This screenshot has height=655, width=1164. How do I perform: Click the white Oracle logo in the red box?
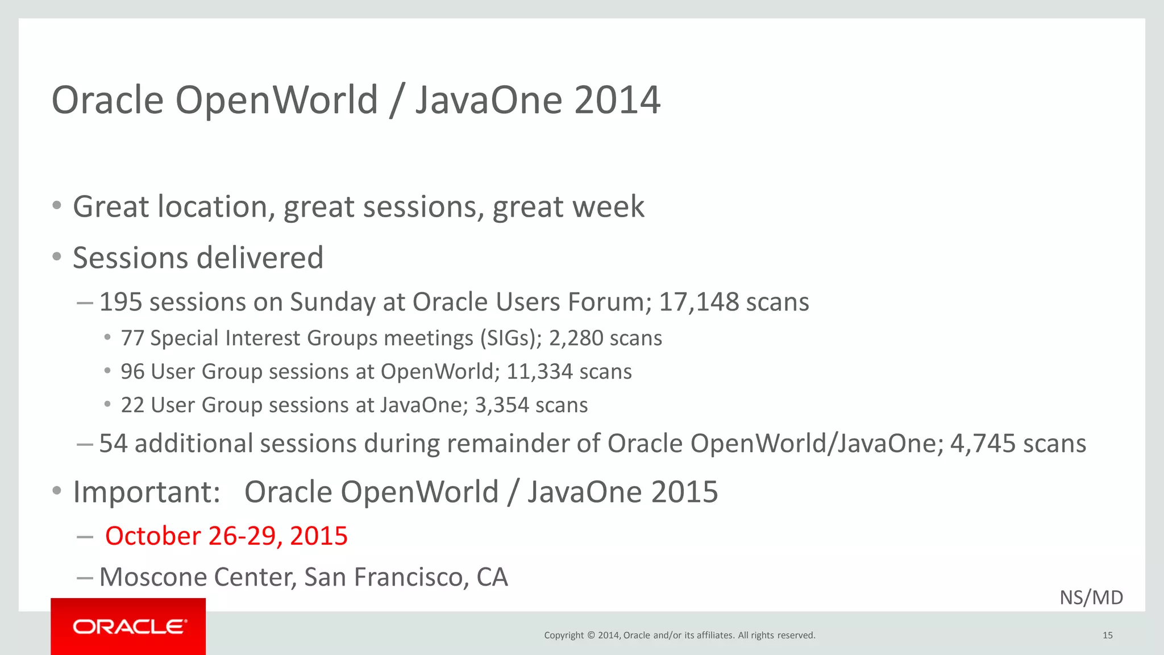tap(129, 627)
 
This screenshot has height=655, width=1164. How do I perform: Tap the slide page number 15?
tap(1107, 635)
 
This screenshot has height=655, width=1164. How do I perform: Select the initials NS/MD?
tap(1091, 598)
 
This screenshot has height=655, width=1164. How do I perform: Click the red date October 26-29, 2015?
tap(226, 536)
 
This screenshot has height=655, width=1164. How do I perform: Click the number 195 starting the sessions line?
tap(120, 302)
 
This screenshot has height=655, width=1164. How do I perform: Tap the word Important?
tap(147, 492)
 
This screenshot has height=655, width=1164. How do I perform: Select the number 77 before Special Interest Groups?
tap(132, 338)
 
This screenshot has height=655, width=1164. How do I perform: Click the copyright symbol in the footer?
tap(591, 635)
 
